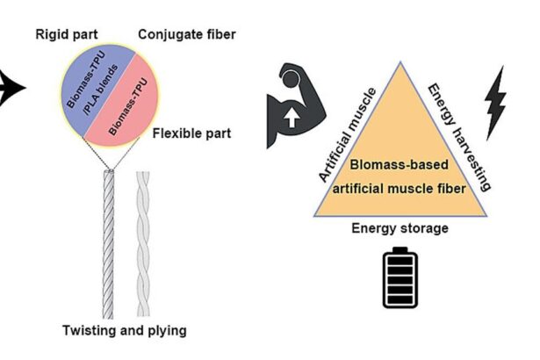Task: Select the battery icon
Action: pos(400,278)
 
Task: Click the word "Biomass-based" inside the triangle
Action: pos(400,164)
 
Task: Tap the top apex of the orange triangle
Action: pos(400,64)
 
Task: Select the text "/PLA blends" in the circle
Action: pos(98,94)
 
